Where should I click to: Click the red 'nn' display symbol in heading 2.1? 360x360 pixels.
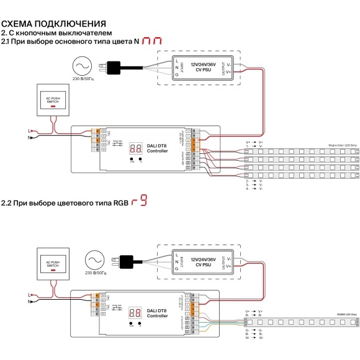point(151,42)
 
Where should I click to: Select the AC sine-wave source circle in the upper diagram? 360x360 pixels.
point(83,66)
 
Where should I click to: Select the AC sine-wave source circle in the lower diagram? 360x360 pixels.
point(94,259)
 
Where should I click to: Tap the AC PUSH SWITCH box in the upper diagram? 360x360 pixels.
point(52,101)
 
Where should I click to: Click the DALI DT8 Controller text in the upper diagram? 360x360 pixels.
point(152,147)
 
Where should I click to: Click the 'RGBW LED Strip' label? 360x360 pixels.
point(341,315)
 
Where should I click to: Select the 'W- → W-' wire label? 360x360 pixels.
point(254,338)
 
